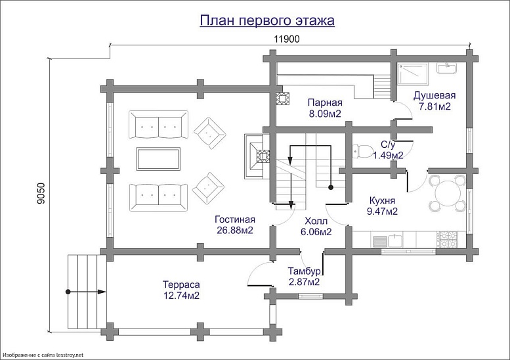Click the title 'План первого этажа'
tap(267, 21)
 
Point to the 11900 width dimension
tap(287, 39)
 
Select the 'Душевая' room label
tap(434, 96)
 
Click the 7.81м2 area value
tap(434, 107)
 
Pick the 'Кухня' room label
tap(381, 200)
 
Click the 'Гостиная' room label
tap(234, 219)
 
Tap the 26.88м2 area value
tap(234, 230)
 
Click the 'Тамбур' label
tap(304, 271)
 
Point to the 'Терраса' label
tap(181, 284)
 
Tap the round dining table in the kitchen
tap(446, 192)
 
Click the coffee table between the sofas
tap(158, 158)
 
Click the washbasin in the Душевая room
tap(451, 68)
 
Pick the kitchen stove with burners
tap(448, 237)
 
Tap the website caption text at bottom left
tap(43, 355)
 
